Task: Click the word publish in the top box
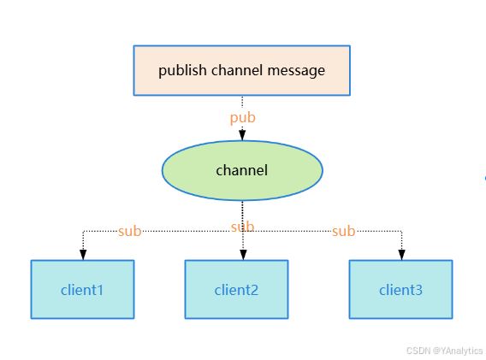point(182,71)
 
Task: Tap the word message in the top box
point(296,71)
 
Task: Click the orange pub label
point(243,118)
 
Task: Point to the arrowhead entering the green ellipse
point(242,135)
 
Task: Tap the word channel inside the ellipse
point(242,170)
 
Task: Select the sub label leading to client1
point(129,231)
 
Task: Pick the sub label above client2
point(243,227)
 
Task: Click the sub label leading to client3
point(343,231)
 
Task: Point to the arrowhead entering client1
point(83,255)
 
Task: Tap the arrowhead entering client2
point(243,255)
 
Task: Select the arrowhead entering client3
point(401,255)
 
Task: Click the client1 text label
point(82,290)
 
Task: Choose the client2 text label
point(236,290)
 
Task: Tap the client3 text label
point(400,290)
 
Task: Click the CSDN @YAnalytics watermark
point(444,351)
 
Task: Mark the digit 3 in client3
point(418,291)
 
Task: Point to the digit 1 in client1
point(100,291)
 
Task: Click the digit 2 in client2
point(254,291)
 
